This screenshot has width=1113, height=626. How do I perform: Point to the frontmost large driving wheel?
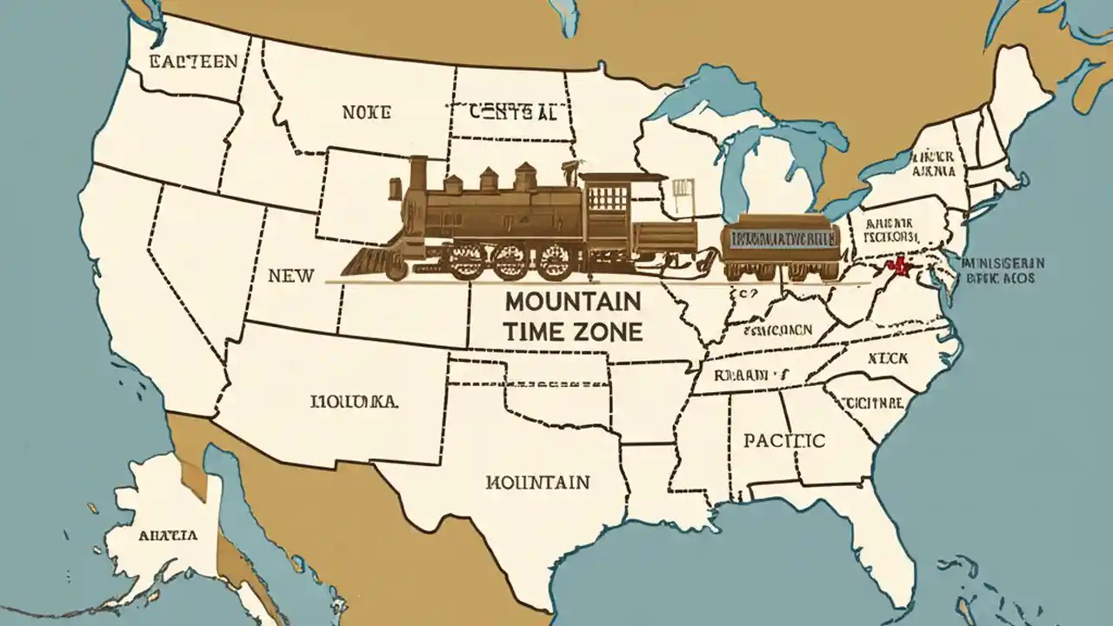pyautogui.click(x=466, y=259)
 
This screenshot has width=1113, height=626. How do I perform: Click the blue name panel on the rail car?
pyautogui.click(x=780, y=237)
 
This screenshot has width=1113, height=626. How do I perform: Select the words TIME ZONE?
pyautogui.click(x=572, y=330)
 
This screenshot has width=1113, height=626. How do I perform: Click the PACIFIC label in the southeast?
pyautogui.click(x=783, y=440)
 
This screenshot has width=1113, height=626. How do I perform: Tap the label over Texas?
pyautogui.click(x=537, y=481)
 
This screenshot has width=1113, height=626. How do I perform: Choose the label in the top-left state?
pyautogui.click(x=193, y=61)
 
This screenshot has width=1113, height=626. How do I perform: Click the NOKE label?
pyautogui.click(x=366, y=112)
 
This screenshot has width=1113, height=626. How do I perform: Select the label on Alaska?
pyautogui.click(x=167, y=535)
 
